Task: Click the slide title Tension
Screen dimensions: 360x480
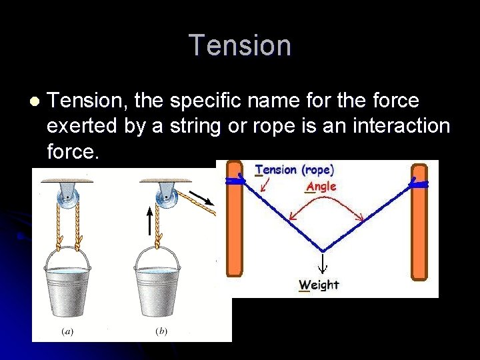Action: (x=240, y=45)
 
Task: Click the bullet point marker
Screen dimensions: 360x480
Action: (x=34, y=101)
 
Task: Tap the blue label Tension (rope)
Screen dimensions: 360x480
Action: (x=294, y=169)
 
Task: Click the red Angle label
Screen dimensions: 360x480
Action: (x=321, y=187)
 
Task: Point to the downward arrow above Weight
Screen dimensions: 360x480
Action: (x=323, y=261)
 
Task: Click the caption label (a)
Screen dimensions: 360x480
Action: (x=68, y=331)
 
